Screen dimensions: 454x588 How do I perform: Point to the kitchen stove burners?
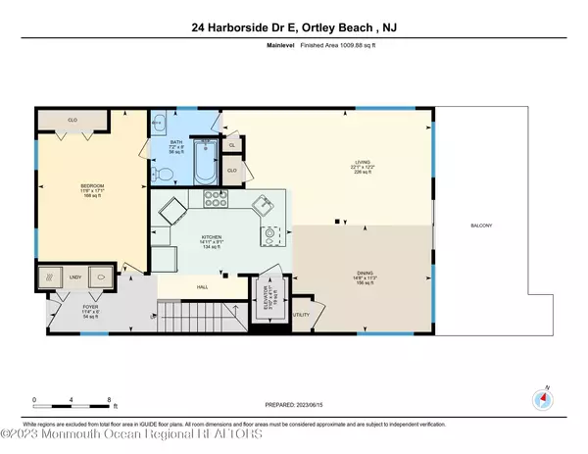click(x=216, y=199)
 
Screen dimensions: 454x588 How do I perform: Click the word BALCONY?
click(x=480, y=227)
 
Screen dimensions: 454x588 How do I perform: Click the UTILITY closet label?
click(x=301, y=315)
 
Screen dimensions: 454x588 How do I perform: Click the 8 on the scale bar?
click(x=107, y=398)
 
